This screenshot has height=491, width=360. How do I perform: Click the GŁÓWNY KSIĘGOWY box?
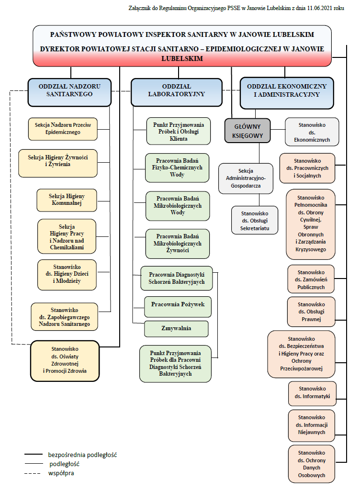(x=247, y=130)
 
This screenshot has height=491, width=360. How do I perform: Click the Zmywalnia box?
(x=176, y=329)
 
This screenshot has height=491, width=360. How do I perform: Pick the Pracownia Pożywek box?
(x=178, y=305)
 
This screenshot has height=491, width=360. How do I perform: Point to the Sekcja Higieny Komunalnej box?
(x=67, y=200)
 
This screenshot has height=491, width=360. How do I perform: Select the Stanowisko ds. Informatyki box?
(x=312, y=393)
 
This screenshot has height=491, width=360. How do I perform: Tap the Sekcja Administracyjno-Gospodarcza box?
(x=246, y=178)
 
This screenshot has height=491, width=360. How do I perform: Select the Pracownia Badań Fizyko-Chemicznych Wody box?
(x=177, y=168)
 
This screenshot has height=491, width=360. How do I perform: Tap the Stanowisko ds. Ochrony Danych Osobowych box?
(x=312, y=464)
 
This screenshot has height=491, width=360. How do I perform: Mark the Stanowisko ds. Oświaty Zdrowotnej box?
(x=65, y=360)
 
